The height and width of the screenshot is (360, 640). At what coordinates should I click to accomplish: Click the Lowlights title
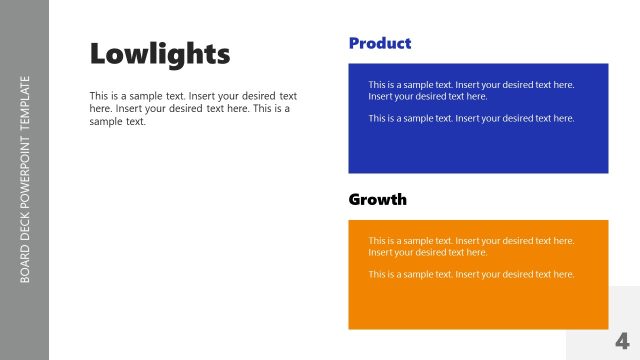[x=160, y=53]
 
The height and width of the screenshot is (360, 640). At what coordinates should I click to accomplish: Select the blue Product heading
[x=380, y=43]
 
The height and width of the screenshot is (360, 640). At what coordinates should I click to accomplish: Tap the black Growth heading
[x=377, y=199]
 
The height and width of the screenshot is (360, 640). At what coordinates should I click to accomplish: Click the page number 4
[x=622, y=339]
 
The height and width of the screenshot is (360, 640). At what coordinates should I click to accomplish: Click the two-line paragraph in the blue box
[x=471, y=90]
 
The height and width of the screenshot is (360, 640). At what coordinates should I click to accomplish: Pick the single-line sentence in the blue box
[x=471, y=118]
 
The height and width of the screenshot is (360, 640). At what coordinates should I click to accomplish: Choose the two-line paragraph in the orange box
[x=471, y=246]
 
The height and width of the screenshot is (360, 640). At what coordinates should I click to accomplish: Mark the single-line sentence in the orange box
[x=471, y=274]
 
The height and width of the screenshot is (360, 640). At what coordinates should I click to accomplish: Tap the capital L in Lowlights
[x=97, y=53]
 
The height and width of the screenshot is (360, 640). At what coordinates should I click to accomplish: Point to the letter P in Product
[x=355, y=43]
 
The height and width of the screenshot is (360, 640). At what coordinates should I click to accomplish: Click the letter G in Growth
[x=355, y=199]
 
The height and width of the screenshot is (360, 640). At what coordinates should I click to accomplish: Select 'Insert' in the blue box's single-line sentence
[x=469, y=118]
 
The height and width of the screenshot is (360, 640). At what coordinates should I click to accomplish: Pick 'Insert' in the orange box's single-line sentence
[x=469, y=274]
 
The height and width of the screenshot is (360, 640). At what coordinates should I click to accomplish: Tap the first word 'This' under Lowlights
[x=100, y=96]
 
